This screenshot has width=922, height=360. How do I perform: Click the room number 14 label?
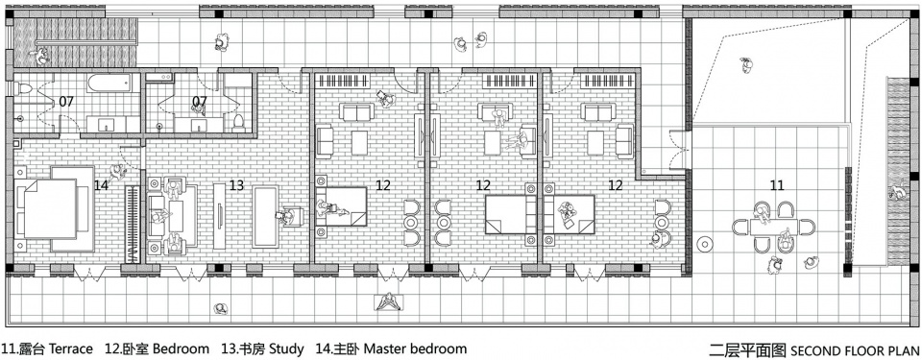[x=101, y=185]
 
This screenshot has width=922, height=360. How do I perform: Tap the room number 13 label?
[x=236, y=185]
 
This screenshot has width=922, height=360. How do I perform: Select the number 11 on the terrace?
[x=777, y=185]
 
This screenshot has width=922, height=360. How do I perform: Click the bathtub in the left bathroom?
[x=109, y=83]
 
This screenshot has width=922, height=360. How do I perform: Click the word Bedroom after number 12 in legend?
[x=182, y=348]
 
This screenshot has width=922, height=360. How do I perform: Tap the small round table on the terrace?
[x=704, y=243]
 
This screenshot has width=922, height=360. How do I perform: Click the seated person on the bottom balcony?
[x=387, y=302]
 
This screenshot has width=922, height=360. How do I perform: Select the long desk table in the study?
[x=266, y=216]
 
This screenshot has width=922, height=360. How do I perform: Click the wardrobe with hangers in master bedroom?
[x=133, y=223]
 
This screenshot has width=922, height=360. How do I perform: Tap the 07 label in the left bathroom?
[x=66, y=101]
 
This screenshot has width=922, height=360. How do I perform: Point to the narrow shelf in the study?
[x=219, y=216]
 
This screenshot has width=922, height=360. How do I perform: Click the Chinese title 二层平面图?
[x=747, y=350]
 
